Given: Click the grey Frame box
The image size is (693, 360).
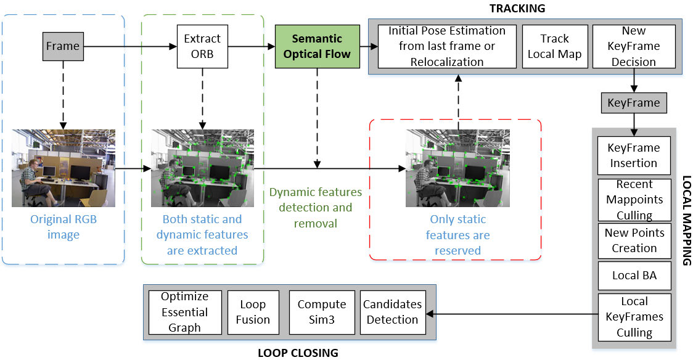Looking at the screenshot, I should (63, 46).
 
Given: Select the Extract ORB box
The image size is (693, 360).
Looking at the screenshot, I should (202, 46).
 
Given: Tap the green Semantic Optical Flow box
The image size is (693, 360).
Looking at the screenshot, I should (317, 46).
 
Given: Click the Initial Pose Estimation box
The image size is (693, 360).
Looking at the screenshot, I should (446, 46).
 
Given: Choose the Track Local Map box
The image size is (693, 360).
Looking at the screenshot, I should (554, 46).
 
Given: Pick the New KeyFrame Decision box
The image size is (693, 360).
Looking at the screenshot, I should (633, 46).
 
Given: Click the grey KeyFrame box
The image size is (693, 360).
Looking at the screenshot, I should (633, 102).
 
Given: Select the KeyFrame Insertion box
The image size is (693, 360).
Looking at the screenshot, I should (634, 155).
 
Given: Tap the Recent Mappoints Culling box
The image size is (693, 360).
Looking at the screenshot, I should (634, 200).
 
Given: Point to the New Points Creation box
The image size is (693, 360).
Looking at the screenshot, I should (634, 240).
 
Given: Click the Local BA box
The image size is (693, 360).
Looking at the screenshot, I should (634, 276).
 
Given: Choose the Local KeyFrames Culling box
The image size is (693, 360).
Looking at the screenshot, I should (634, 317).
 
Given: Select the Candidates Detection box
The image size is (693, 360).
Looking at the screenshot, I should (392, 312).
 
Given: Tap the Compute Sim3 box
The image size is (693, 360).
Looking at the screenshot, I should (322, 312).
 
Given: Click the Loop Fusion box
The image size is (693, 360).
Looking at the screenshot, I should (253, 312).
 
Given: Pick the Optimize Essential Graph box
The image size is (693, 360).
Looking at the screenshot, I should (185, 312).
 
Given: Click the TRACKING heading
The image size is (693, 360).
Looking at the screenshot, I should (517, 8).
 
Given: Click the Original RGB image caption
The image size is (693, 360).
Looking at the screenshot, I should (64, 227).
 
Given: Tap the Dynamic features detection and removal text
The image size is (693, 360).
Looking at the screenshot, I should (316, 208).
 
